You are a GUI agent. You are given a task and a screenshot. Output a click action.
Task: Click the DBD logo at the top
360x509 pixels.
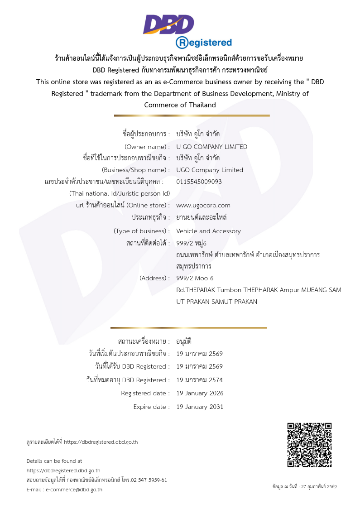tap(168, 24)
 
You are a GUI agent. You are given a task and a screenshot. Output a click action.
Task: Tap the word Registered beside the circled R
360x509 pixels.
tap(210, 43)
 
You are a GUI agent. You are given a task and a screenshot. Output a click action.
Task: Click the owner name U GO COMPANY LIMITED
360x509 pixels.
tap(211, 147)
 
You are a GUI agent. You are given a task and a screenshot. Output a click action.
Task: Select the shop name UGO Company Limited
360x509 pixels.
tap(209, 170)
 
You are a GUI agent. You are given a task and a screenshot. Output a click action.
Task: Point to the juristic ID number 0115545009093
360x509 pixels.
tap(199, 182)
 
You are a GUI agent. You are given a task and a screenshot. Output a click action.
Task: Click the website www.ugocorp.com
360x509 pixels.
tap(203, 205)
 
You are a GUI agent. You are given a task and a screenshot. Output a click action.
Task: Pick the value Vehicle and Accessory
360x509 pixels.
tap(208, 231)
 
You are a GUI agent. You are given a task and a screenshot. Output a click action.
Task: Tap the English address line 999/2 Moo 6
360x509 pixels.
tap(195, 278)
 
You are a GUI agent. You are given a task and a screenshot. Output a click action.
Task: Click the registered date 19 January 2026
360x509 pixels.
tap(200, 393)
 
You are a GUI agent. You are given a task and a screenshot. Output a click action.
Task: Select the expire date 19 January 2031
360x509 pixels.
tap(200, 407)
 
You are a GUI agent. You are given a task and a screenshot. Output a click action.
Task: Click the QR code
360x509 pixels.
tap(309, 445)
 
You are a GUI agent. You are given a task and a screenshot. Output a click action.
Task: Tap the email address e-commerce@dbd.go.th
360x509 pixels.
tap(74, 490)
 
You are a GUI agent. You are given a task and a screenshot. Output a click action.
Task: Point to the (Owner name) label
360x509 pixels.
tap(147, 147)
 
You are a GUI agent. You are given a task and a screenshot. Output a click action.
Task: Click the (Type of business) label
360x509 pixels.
tap(142, 231)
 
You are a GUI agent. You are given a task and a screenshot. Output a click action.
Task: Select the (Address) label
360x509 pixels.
tap(154, 278)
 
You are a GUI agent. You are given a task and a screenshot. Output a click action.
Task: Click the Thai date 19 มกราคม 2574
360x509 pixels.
tap(199, 380)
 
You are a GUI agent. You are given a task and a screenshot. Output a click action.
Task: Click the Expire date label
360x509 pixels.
tap(151, 407)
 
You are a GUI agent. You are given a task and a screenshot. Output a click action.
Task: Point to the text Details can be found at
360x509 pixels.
tap(54, 461)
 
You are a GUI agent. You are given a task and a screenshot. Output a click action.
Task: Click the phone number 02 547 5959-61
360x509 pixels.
tap(149, 480)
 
